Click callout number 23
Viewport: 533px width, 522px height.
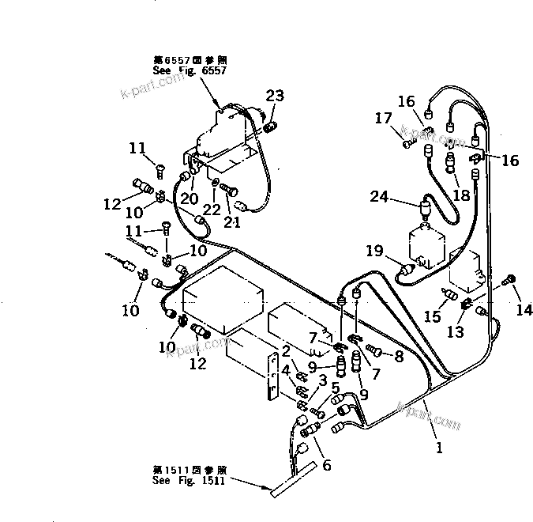tap(274, 96)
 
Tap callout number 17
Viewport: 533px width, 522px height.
tap(385, 119)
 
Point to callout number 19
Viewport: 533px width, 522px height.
tap(374, 251)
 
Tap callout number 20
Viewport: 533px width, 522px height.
tap(190, 198)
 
